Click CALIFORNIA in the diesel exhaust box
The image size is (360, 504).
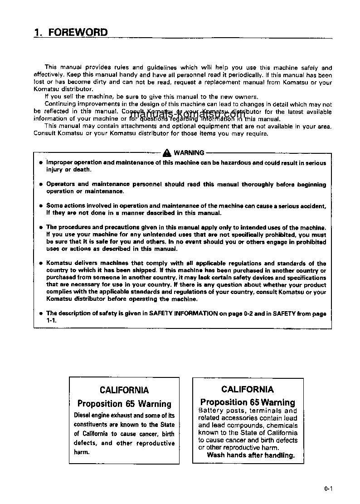(x=124, y=390)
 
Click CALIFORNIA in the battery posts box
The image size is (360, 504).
(x=248, y=389)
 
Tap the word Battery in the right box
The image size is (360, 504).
(x=211, y=411)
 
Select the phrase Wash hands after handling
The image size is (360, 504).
(x=250, y=455)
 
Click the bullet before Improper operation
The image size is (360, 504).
(x=40, y=162)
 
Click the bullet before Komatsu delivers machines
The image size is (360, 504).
(x=40, y=263)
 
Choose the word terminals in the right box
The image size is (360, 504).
(x=263, y=411)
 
